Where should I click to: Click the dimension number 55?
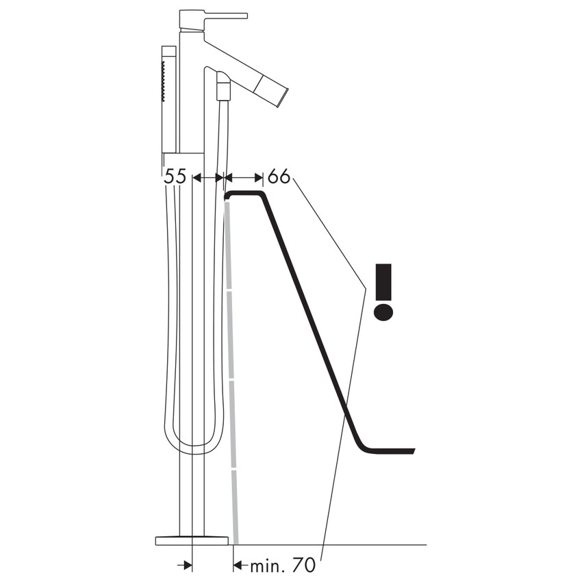click(175, 176)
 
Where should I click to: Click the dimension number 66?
click(279, 176)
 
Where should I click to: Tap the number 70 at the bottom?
click(303, 566)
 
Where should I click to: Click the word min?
click(264, 566)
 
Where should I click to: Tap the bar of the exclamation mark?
click(383, 280)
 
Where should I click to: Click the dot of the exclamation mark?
click(383, 312)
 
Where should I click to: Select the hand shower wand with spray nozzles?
click(168, 99)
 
